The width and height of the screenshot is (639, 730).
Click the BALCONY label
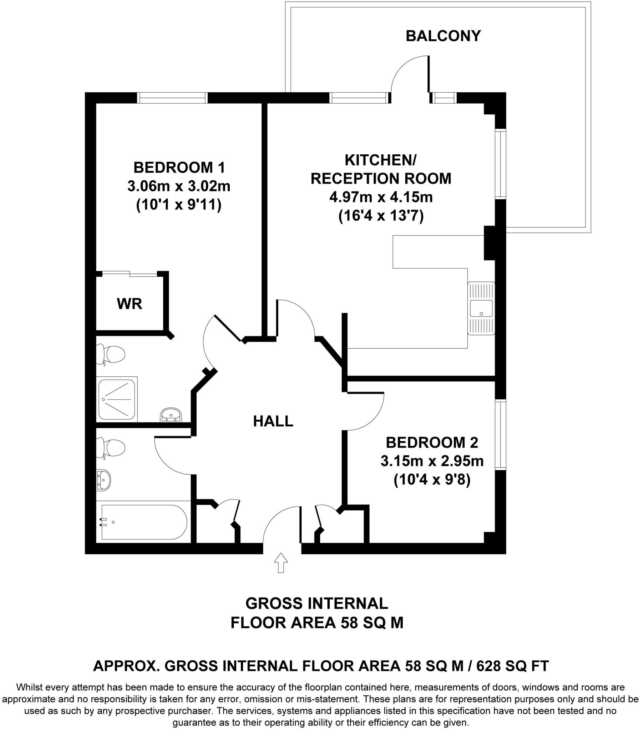point(443,36)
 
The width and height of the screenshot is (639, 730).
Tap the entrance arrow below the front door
point(281,562)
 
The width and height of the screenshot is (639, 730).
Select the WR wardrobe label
point(130,304)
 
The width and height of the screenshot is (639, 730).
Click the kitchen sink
point(481,308)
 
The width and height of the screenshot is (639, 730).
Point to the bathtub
point(143,522)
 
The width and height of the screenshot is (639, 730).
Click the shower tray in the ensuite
point(117,399)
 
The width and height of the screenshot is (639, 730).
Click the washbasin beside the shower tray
point(172,415)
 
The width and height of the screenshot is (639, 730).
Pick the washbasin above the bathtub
point(103,480)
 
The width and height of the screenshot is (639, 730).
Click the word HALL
point(273,421)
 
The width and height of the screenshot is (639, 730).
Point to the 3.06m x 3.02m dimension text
point(179,186)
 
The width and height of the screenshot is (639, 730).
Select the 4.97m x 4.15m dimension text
point(381,197)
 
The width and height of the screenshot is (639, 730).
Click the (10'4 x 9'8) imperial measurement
point(432,480)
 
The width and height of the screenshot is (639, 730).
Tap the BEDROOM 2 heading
point(432,443)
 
